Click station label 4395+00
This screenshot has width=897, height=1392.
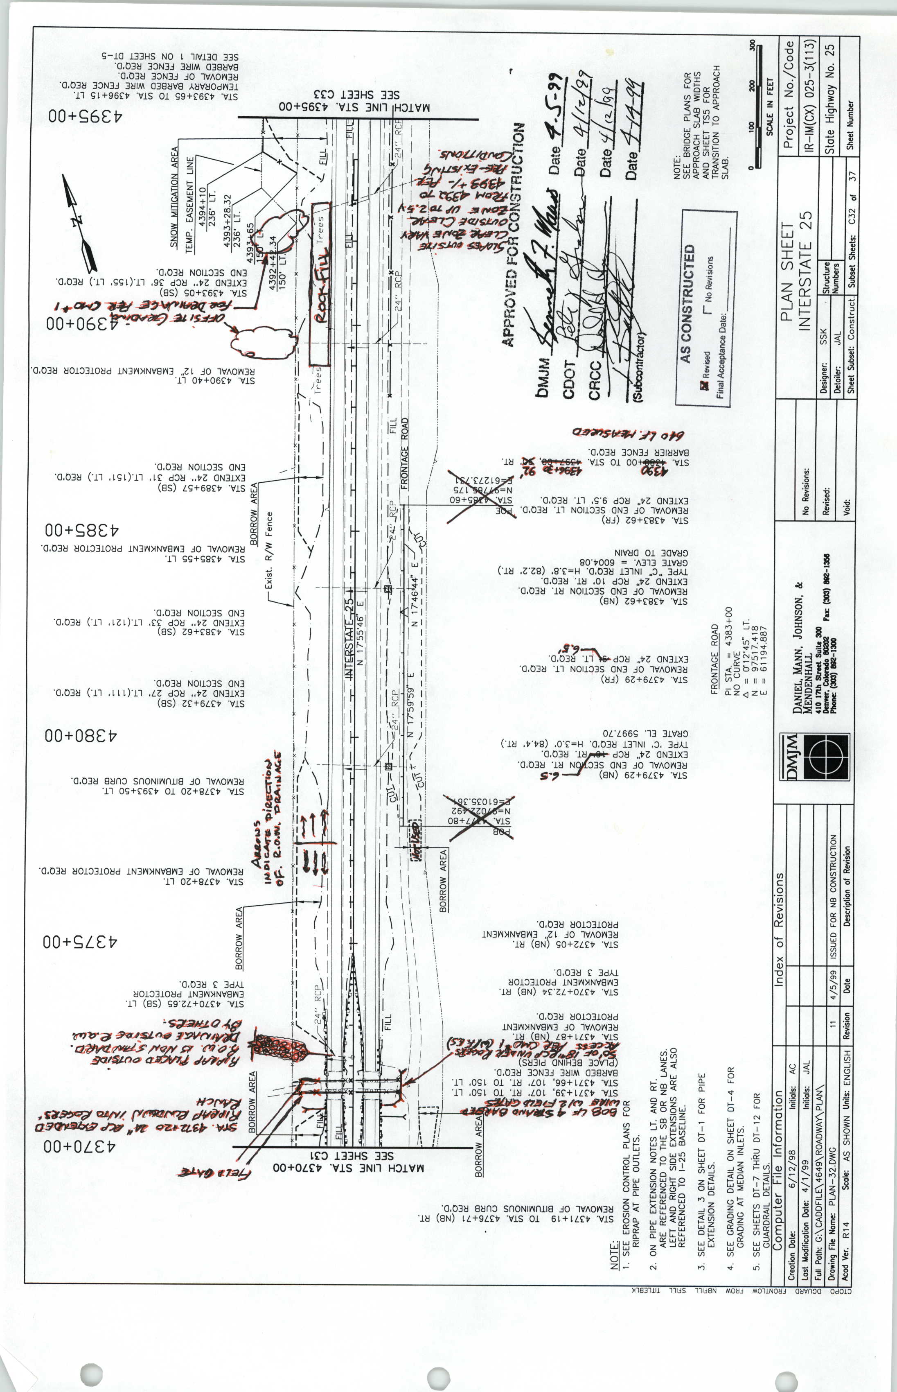click(x=85, y=116)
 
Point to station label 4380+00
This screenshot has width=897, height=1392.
click(x=81, y=735)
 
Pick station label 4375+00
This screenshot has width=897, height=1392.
click(x=80, y=942)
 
